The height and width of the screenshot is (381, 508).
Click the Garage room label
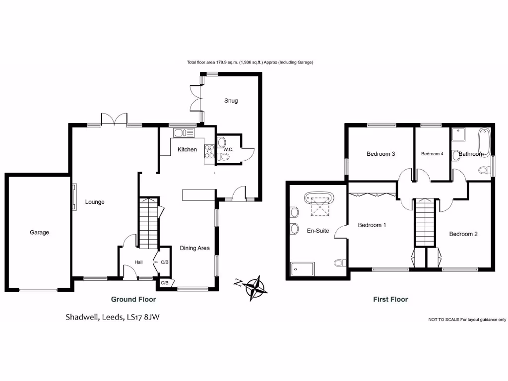tap(39, 232)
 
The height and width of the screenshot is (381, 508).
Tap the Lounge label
tap(95, 202)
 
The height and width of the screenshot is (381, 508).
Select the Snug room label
tap(231, 101)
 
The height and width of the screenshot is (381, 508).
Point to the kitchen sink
tap(185, 132)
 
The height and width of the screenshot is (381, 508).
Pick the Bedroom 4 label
tap(432, 154)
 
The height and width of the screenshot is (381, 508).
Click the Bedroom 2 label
tap(463, 234)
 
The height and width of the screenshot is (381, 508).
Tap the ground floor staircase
tap(148, 223)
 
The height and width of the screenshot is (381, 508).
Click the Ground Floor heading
tap(133, 299)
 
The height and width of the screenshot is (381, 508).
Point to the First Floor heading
tap(390, 299)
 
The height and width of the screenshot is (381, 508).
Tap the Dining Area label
tap(194, 248)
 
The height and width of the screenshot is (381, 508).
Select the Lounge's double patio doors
tap(114, 120)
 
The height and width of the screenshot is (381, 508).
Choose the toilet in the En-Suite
tap(339, 262)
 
